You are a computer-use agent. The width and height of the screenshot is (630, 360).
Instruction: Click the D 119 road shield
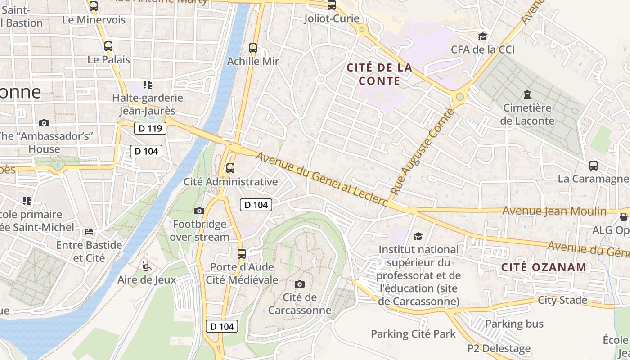click(150, 128)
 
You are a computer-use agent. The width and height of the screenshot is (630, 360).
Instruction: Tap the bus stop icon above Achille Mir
click(253, 48)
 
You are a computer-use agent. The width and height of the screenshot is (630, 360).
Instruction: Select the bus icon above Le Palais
click(108, 46)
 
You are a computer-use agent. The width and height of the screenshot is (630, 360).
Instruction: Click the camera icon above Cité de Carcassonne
click(300, 284)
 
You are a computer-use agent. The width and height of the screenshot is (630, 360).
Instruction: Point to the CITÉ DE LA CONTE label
click(379, 74)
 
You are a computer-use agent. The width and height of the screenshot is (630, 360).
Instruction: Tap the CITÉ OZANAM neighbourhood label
click(544, 267)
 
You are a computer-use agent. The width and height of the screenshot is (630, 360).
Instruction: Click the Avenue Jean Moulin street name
click(554, 211)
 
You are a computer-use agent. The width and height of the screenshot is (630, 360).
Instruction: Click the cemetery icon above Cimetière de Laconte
click(527, 94)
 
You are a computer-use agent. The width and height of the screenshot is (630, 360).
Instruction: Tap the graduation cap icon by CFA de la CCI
click(483, 36)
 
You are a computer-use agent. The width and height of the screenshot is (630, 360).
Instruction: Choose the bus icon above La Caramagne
click(594, 165)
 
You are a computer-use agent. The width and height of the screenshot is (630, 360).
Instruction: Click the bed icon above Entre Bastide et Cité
click(89, 232)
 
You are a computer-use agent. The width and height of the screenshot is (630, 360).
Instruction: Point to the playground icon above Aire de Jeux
click(146, 266)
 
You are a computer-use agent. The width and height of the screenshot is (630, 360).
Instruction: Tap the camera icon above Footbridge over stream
click(199, 211)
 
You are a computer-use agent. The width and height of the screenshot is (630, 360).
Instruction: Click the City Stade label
click(562, 300)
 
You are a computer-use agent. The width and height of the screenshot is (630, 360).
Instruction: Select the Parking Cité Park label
click(413, 334)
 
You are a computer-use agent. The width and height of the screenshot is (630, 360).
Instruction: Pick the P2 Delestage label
click(499, 348)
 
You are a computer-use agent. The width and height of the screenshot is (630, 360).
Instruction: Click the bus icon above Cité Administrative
click(230, 168)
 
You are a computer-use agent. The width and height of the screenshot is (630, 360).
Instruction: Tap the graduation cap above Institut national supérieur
click(418, 236)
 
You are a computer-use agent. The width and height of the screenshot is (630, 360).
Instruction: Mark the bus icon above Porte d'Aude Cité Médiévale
click(242, 253)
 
